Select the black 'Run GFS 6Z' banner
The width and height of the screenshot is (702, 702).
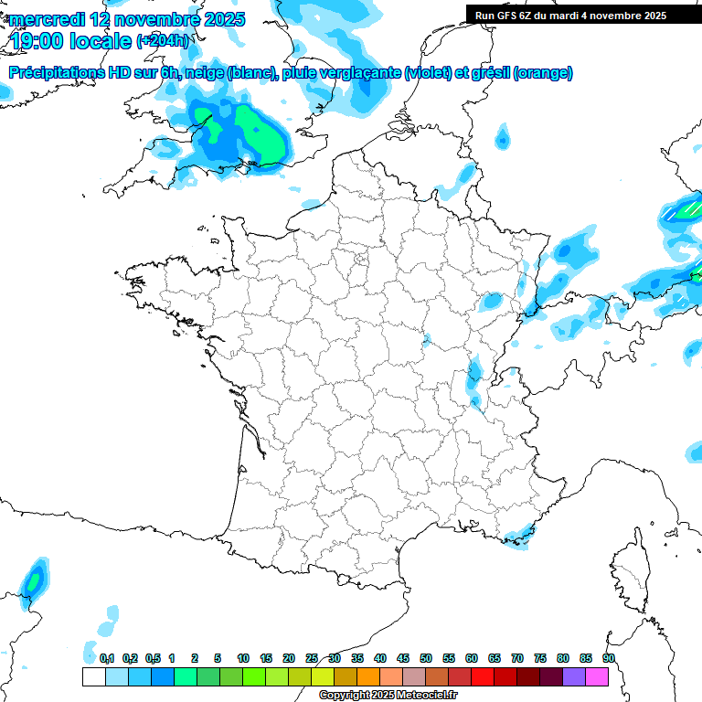pyautogui.click(x=570, y=16)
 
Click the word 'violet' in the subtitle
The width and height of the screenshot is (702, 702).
pyautogui.click(x=428, y=72)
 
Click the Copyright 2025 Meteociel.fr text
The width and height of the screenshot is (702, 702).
pyautogui.click(x=388, y=696)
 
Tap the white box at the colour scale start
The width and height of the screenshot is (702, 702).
pyautogui.click(x=93, y=677)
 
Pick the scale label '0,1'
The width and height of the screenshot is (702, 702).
pyautogui.click(x=107, y=658)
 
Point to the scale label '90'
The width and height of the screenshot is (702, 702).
pyautogui.click(x=609, y=658)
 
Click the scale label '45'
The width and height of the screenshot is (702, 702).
pyautogui.click(x=403, y=658)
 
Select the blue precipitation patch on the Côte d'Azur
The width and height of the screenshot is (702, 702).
pyautogui.click(x=519, y=535)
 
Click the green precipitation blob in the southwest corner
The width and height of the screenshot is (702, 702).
pyautogui.click(x=34, y=580)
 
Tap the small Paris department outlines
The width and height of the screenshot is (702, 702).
pyautogui.click(x=361, y=260)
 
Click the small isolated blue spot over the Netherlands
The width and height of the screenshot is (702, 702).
pyautogui.click(x=502, y=139)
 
